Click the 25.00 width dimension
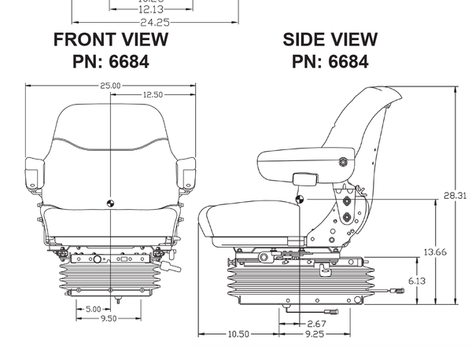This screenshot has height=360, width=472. (111, 86)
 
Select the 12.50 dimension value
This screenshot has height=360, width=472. (153, 94)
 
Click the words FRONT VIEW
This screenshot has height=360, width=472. (111, 39)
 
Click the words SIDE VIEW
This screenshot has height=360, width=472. (330, 39)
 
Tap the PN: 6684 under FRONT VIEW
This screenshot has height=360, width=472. (111, 60)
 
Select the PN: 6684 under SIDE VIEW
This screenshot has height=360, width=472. (330, 60)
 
